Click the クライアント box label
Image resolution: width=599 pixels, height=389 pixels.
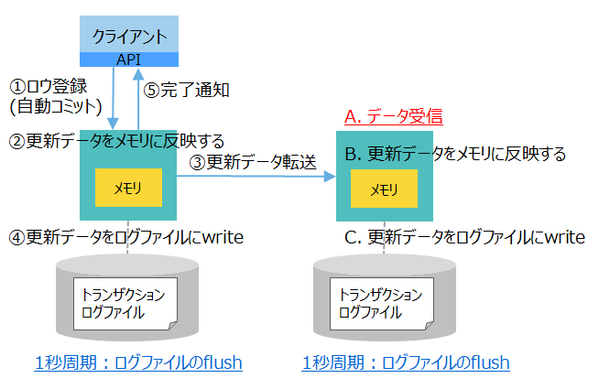click(x=129, y=38)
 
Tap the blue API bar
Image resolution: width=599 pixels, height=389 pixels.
click(x=129, y=59)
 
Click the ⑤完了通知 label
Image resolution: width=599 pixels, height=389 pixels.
click(x=187, y=90)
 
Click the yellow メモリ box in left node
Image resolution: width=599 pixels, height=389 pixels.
click(x=128, y=187)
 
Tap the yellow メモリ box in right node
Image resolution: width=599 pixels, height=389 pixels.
click(x=383, y=189)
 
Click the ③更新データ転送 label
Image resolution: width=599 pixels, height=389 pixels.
click(x=253, y=163)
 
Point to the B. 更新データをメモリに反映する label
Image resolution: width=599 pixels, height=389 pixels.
click(x=455, y=153)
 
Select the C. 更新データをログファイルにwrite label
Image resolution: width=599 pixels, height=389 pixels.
click(x=464, y=237)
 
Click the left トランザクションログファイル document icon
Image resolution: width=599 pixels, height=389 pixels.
click(x=126, y=304)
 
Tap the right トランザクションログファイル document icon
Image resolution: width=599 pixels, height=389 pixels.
click(x=383, y=304)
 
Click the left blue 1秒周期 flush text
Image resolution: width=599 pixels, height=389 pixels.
click(x=138, y=362)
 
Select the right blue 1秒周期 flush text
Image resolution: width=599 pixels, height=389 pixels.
click(x=406, y=362)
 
